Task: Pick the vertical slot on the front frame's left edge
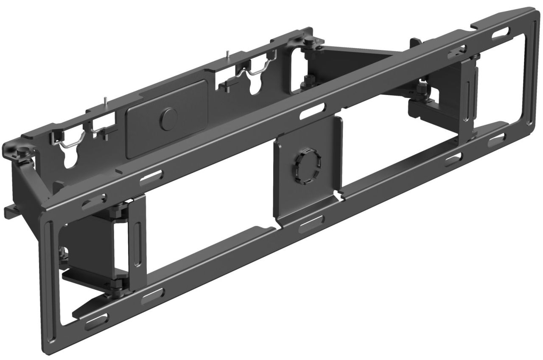point(52,263)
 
